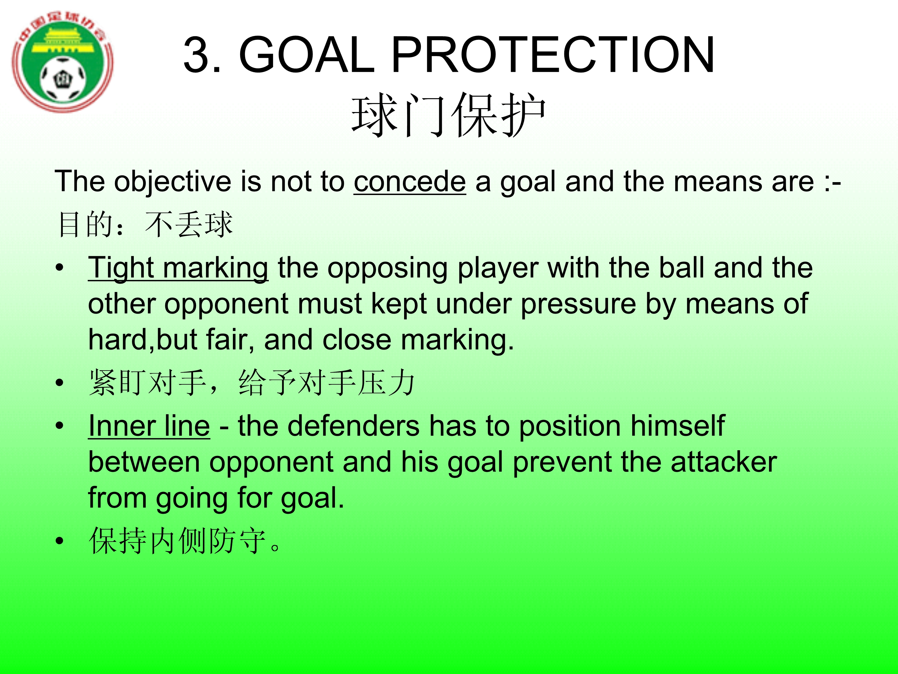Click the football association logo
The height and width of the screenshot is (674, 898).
[x=63, y=62]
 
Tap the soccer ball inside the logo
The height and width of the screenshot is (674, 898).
[x=63, y=79]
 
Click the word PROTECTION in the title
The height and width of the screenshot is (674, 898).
[x=553, y=55]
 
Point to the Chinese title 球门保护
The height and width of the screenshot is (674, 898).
[x=449, y=115]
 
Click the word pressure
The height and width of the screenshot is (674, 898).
[x=579, y=305]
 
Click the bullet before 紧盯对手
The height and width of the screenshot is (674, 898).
[x=60, y=383]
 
